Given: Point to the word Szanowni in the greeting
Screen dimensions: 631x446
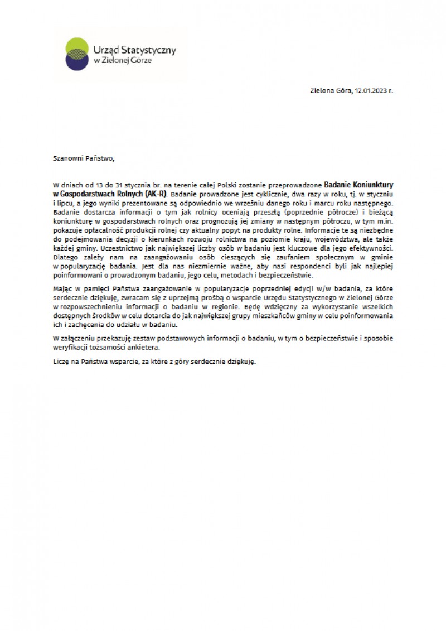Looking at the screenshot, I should (67, 158).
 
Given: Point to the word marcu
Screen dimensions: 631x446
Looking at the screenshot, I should (324, 203).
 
